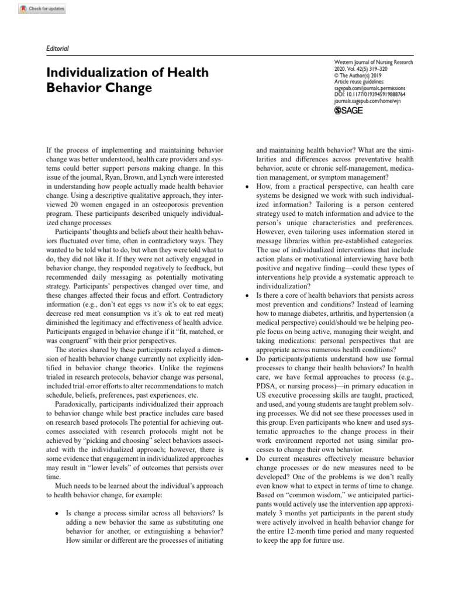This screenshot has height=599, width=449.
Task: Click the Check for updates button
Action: click(x=43, y=9)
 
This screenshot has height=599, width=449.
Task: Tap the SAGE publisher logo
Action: click(x=348, y=111)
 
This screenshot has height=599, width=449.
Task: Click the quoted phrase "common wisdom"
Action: click(x=306, y=495)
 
